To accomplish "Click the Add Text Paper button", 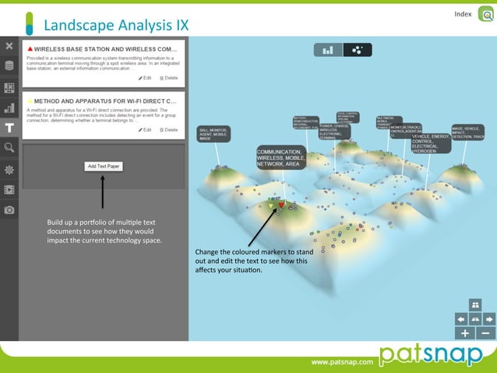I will click(x=103, y=166).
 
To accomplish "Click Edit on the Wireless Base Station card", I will click(x=145, y=78).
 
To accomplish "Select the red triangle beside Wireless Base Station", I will click(x=30, y=49).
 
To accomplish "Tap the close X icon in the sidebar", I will click(x=9, y=47).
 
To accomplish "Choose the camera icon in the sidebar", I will click(x=9, y=210).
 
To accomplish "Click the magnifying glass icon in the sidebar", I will click(x=9, y=147).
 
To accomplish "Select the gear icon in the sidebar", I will click(x=9, y=169).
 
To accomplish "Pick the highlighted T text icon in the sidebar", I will click(x=9, y=128).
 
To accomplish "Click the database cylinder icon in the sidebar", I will click(x=9, y=66).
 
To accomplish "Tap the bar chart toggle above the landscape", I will click(x=329, y=50).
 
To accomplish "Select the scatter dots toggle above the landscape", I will click(x=357, y=50).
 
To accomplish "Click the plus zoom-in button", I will click(x=465, y=333).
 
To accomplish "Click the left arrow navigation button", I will click(x=460, y=319).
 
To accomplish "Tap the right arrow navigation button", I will click(x=488, y=319).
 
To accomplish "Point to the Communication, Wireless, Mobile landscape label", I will click(x=280, y=157).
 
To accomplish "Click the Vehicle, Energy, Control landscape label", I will click(x=430, y=144).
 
